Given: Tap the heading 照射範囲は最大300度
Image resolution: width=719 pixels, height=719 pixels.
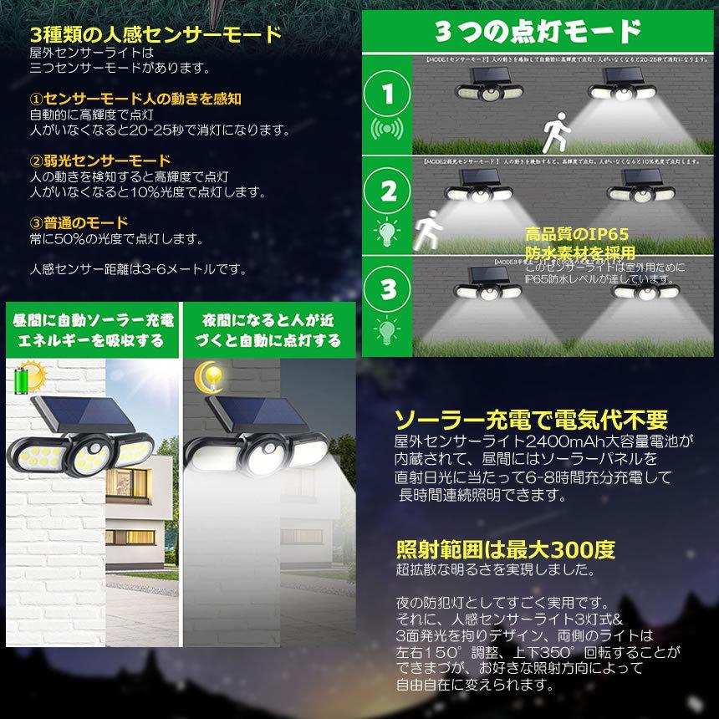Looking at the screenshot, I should pos(505,549).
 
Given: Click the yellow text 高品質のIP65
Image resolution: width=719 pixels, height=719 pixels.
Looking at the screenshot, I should pos(576,235).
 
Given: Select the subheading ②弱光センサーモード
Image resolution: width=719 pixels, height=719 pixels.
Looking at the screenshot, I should pos(100,161).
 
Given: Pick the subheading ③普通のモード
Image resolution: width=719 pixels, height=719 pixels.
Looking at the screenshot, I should pos(79,222).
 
